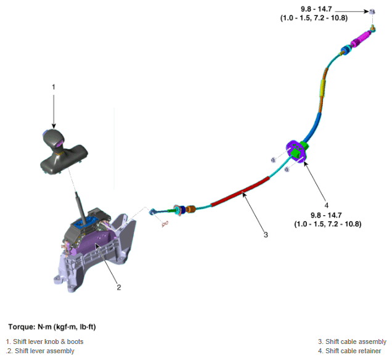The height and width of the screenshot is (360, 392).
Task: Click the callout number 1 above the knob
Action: pyautogui.click(x=54, y=87)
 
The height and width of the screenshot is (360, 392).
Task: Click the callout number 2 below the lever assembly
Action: pyautogui.click(x=119, y=287)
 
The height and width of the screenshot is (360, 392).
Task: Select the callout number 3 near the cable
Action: pyautogui.click(x=266, y=235)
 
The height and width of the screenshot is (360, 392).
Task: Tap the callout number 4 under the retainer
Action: pyautogui.click(x=326, y=205)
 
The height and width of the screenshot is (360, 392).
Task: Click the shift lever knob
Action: pyautogui.click(x=54, y=140)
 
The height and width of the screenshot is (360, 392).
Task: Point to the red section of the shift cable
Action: pyautogui.click(x=240, y=192)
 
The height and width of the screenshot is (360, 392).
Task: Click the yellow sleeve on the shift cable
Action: pyautogui.click(x=323, y=88)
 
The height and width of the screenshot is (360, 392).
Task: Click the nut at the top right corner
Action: pyautogui.click(x=372, y=11)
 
